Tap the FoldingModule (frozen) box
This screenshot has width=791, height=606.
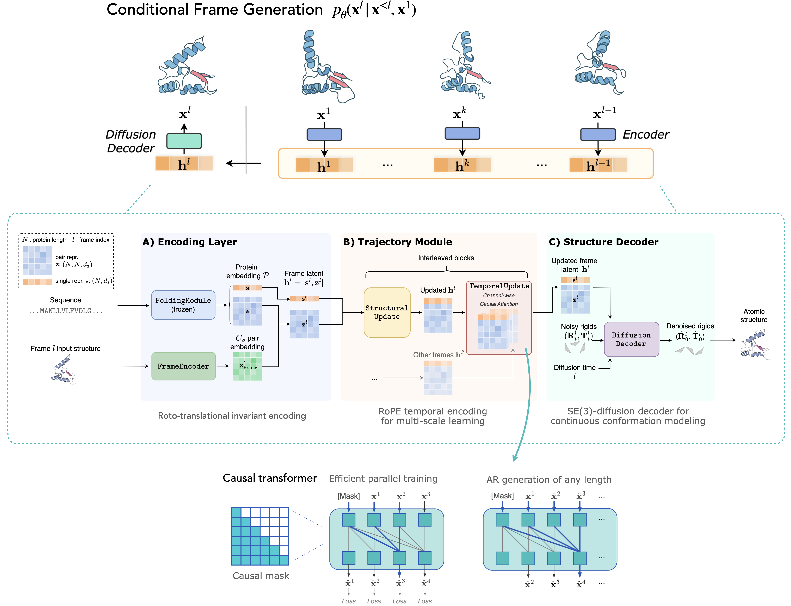(183, 305)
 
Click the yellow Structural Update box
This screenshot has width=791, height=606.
(387, 312)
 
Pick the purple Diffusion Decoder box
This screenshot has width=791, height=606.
(631, 339)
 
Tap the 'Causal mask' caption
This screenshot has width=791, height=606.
(261, 576)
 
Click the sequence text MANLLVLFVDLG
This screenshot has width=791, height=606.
(66, 311)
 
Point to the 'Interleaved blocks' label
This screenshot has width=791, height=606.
(446, 258)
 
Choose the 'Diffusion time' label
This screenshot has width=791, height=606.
(575, 368)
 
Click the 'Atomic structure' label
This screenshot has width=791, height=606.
(754, 316)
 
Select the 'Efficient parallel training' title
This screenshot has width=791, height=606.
(383, 479)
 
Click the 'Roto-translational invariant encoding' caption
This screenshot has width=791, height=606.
(232, 416)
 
